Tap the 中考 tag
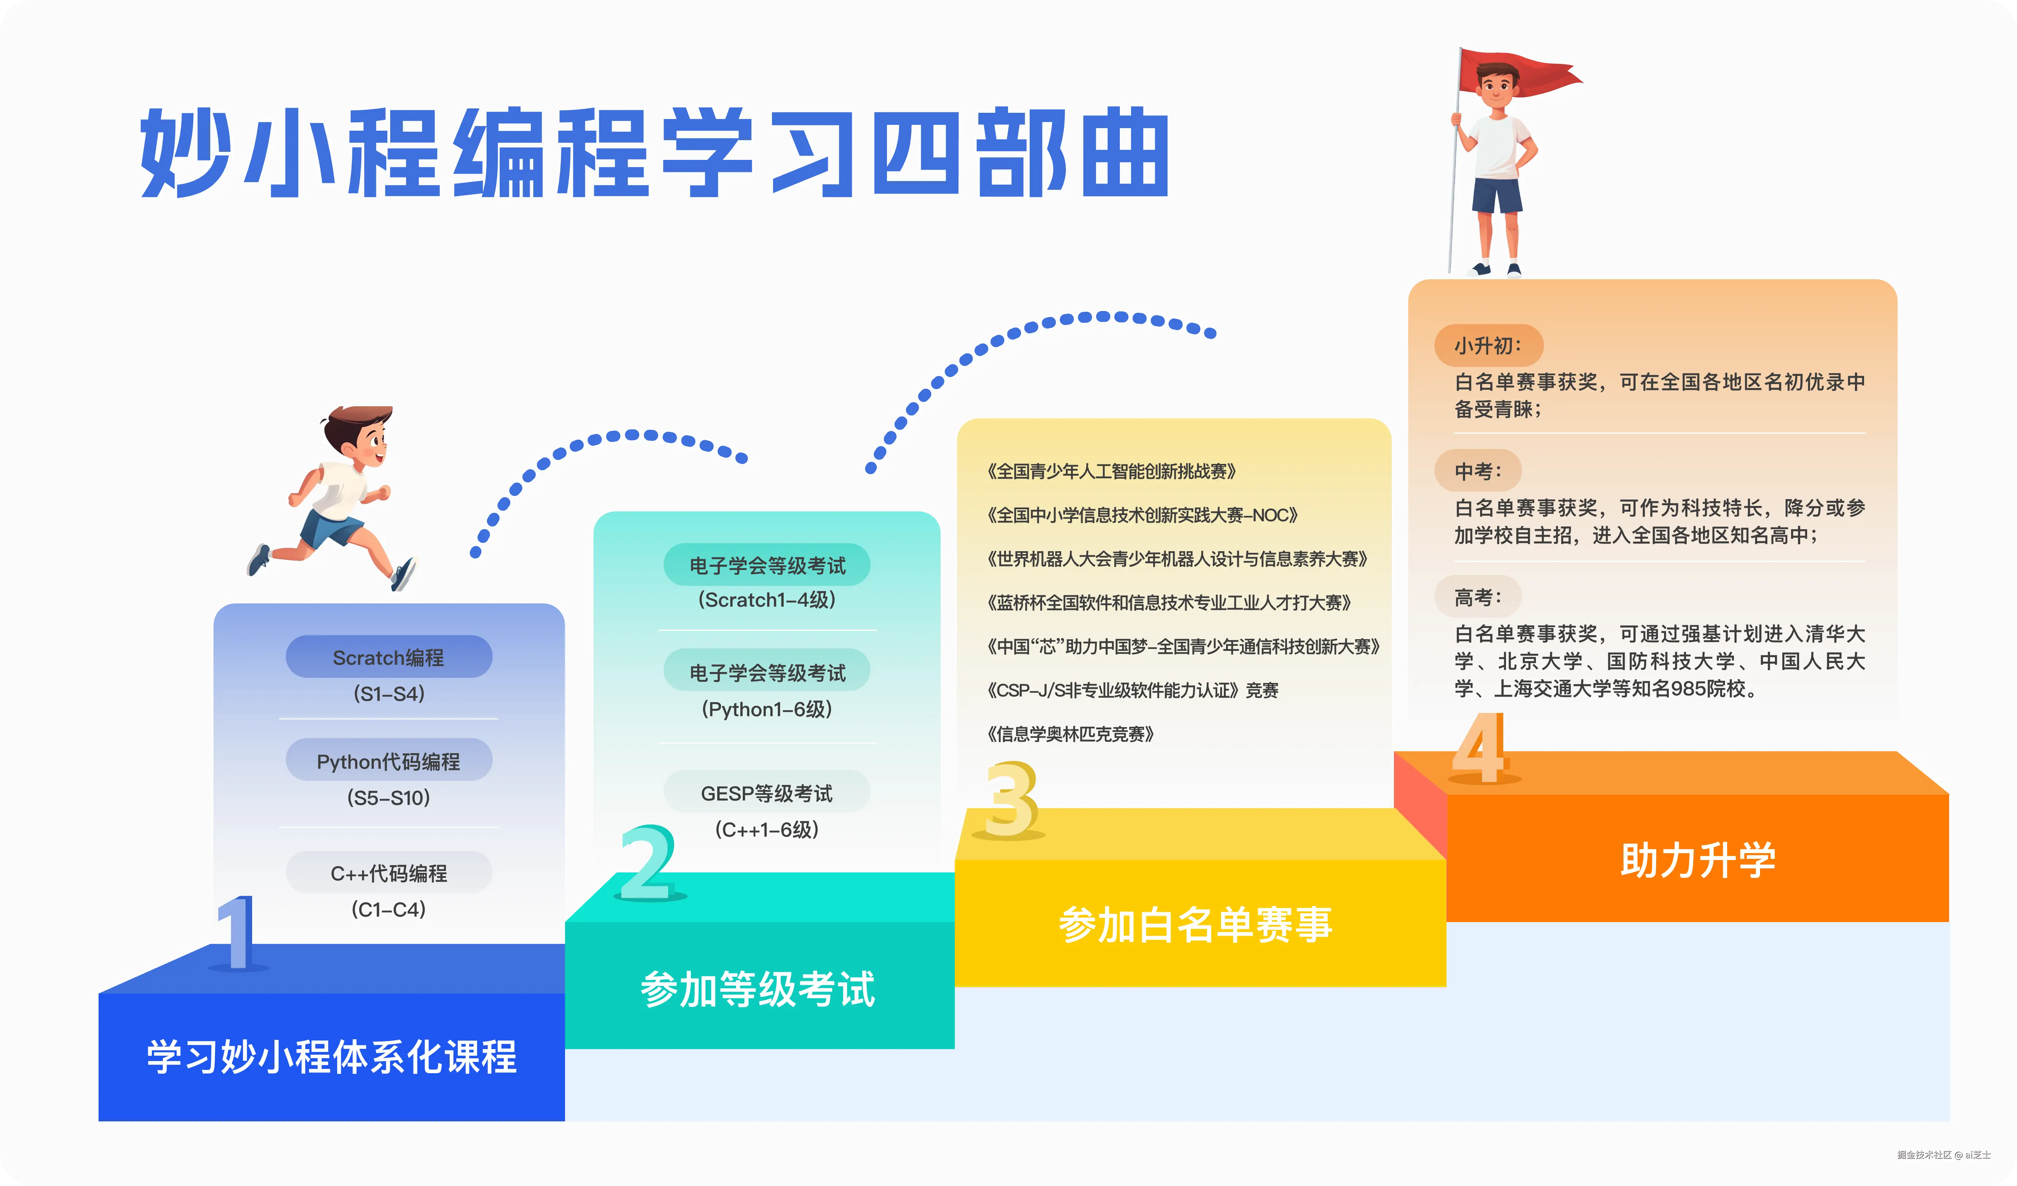[x=1477, y=471]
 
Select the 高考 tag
[x=1477, y=597]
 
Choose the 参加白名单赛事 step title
[x=1195, y=924]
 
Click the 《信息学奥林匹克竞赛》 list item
[x=1070, y=734]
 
